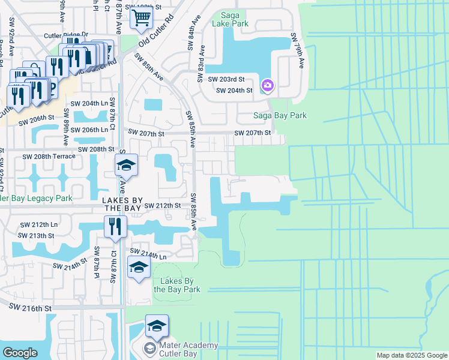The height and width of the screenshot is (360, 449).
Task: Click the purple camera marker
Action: pyautogui.click(x=267, y=86)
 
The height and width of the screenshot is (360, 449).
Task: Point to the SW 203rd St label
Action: pyautogui.click(x=226, y=79)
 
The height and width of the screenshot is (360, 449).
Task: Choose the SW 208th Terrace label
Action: pyautogui.click(x=49, y=156)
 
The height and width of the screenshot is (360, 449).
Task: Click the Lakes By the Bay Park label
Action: pyautogui.click(x=176, y=285)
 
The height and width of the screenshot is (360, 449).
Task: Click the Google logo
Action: pyautogui.click(x=20, y=353)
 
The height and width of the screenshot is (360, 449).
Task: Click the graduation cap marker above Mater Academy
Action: pyautogui.click(x=157, y=326)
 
